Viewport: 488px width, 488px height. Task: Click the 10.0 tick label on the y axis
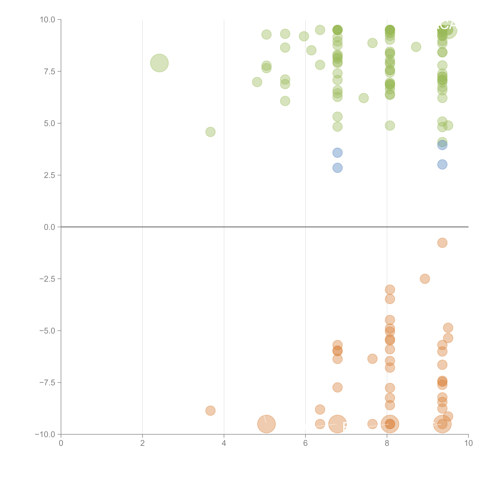coord(48,20)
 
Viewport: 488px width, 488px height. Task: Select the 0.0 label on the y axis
coord(49,227)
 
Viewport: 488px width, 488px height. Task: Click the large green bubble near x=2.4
coord(159,63)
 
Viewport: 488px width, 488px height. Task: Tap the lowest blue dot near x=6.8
coord(338,168)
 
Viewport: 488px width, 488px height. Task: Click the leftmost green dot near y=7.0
coord(257,82)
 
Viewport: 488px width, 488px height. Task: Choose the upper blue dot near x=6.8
coord(338,153)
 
